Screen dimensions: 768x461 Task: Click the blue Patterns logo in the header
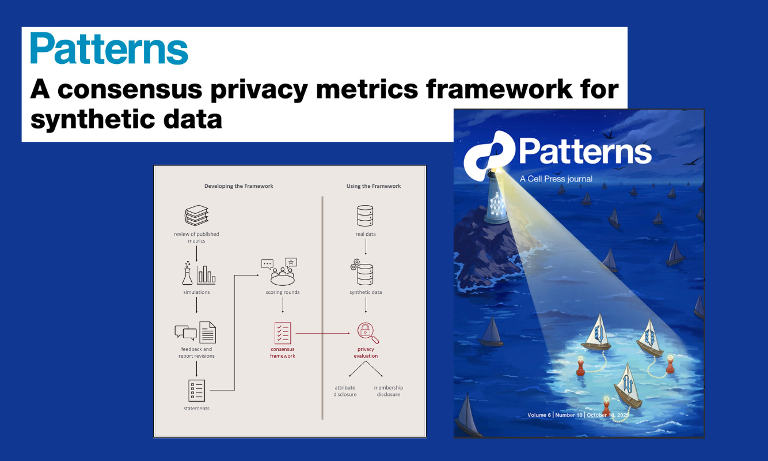click(x=109, y=48)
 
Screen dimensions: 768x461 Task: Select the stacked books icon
click(x=196, y=216)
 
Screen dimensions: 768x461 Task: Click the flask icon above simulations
click(x=187, y=273)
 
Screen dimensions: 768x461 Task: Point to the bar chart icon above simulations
click(x=206, y=275)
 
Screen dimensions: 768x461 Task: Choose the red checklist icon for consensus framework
click(x=283, y=333)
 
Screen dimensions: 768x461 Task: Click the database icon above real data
click(x=365, y=216)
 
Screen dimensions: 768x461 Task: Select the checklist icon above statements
click(x=196, y=390)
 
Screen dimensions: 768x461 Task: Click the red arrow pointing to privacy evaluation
click(x=322, y=333)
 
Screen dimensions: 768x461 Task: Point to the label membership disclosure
click(x=389, y=391)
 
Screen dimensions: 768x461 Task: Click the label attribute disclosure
click(x=345, y=391)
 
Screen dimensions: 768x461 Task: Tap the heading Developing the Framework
click(x=238, y=186)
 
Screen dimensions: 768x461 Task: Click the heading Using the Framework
click(x=374, y=186)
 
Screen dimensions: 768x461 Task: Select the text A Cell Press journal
click(x=556, y=179)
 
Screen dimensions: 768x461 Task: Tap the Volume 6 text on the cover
click(x=539, y=415)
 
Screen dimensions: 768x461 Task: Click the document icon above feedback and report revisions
click(x=208, y=332)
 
